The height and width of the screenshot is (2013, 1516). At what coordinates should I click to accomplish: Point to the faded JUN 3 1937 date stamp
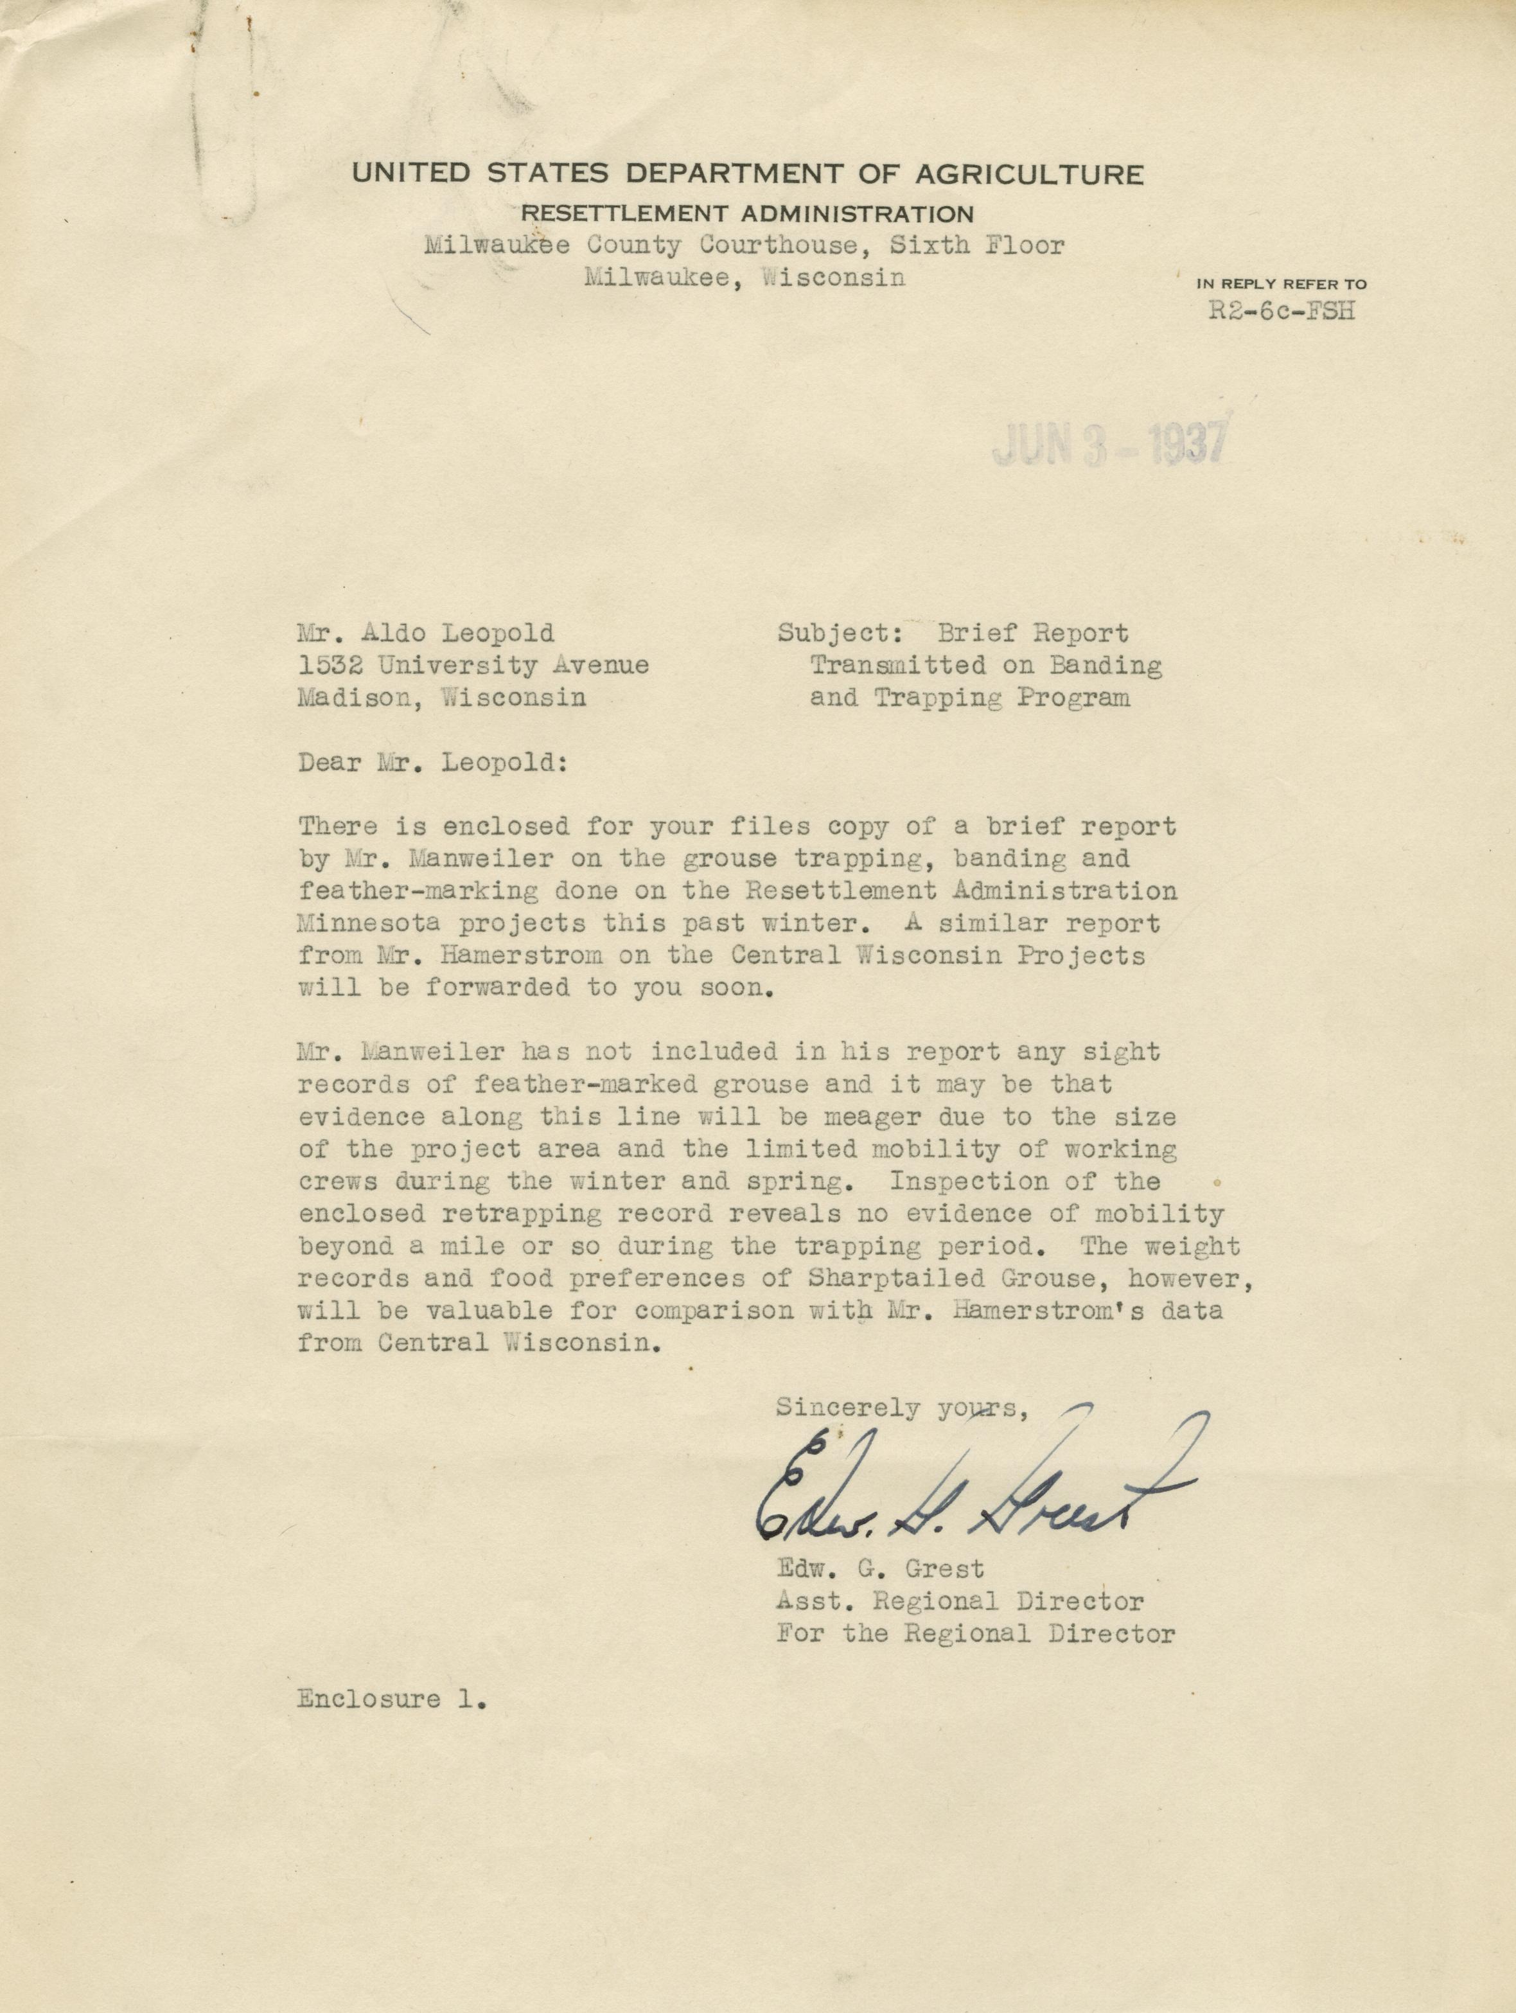pos(1108,445)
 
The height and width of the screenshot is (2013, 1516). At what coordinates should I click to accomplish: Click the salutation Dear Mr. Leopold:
pos(432,763)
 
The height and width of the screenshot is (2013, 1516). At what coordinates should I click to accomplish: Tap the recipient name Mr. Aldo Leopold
pos(426,634)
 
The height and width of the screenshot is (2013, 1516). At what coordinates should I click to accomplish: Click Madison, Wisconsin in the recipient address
pos(441,697)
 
